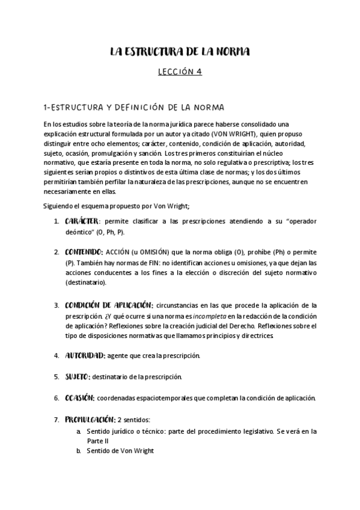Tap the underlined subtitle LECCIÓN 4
[x=180, y=72]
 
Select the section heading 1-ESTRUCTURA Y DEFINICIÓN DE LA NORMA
[x=134, y=108]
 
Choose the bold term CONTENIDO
[x=84, y=251]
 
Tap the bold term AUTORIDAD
[x=85, y=355]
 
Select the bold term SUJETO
[x=77, y=376]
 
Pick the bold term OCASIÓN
[x=79, y=398]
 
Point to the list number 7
[x=56, y=419]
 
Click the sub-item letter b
[x=79, y=451]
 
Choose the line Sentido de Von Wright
[x=121, y=451]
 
